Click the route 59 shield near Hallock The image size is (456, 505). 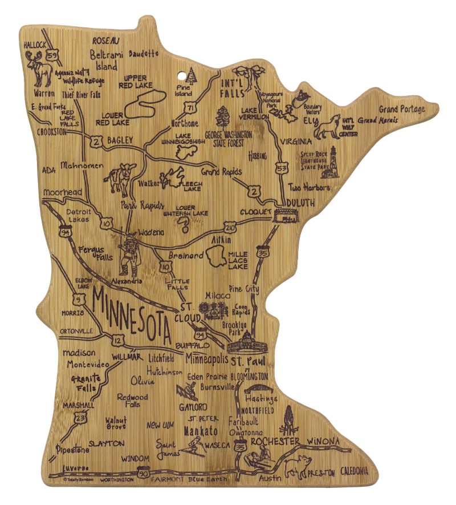point(52,56)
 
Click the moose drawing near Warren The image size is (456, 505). point(40,68)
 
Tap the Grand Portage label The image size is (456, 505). point(402,109)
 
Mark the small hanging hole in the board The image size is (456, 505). point(185,74)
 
